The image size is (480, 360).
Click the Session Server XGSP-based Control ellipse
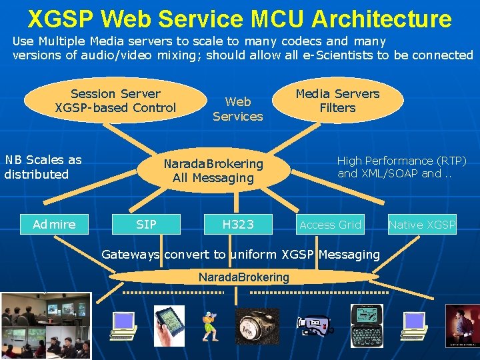coord(115,101)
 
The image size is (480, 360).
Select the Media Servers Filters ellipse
coord(337,101)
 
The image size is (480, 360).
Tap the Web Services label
coord(238,109)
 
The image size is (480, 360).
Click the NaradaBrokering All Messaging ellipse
coord(213,171)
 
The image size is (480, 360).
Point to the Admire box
coord(54,225)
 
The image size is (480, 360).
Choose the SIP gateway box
coord(146,225)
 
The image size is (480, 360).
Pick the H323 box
coord(238,225)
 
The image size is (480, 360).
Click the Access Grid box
coord(330,225)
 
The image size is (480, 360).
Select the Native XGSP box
coord(422,225)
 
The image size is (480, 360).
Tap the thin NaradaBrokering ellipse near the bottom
coord(243,277)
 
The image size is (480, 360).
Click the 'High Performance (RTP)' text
coord(401,161)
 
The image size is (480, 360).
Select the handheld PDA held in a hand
coord(169,325)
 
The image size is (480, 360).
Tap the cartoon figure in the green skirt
coord(211,325)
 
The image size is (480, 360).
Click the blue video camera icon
coord(314,325)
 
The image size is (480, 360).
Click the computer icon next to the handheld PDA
coord(123,325)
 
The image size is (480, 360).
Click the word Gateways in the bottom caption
coord(130,254)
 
